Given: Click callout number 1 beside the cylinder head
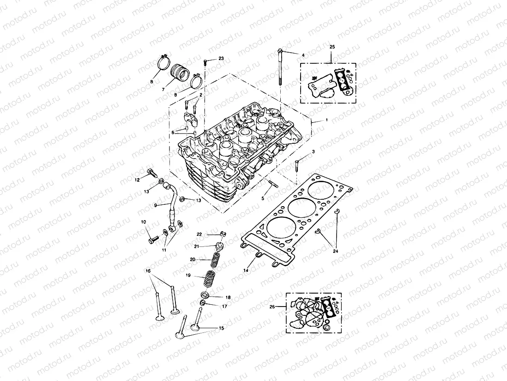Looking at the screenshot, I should [326, 120].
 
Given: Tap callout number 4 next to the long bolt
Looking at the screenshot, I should [303, 55].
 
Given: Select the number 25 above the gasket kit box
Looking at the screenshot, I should [332, 47].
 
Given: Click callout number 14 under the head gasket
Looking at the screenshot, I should [246, 270].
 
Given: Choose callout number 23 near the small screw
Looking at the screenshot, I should [221, 59].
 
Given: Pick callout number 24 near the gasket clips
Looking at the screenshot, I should [336, 251].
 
